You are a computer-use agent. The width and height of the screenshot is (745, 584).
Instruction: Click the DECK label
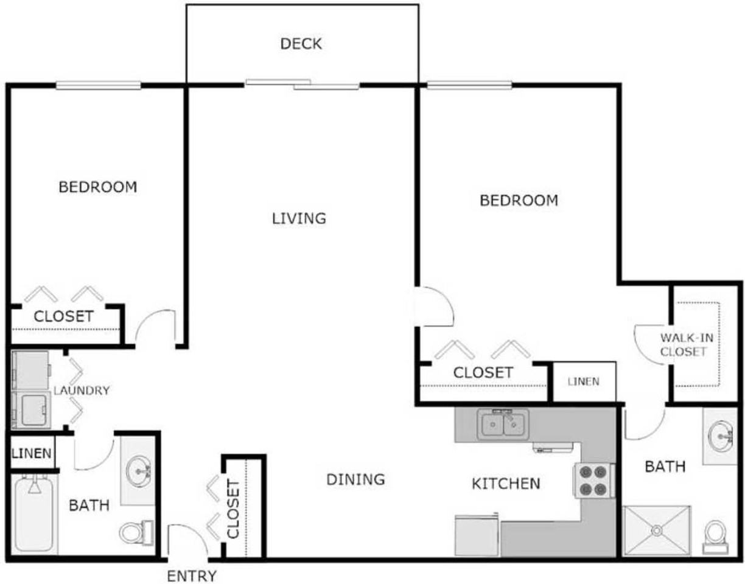point(301,44)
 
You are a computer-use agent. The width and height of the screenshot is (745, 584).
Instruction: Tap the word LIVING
point(299,218)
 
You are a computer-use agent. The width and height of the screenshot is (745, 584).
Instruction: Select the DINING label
point(355,479)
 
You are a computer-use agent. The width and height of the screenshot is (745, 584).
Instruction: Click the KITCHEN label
point(506,484)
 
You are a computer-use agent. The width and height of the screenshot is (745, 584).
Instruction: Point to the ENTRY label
point(192,575)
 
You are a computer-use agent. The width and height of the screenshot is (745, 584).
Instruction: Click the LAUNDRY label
point(82,391)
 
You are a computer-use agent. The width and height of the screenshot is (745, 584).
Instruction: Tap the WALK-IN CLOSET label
point(684,344)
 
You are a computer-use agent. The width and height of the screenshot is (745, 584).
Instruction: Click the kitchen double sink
point(503,423)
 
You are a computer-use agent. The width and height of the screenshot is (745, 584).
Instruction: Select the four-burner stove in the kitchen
point(592,481)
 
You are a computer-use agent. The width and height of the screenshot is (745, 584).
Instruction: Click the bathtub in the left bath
point(34,514)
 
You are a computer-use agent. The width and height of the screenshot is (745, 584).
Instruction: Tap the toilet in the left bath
point(135,532)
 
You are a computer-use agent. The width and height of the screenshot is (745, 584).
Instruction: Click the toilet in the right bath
point(715,537)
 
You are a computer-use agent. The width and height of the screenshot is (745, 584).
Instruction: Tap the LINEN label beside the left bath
point(32,454)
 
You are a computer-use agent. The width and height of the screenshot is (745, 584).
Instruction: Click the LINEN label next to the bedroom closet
point(583,381)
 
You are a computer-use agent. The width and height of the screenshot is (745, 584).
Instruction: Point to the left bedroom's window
point(98,86)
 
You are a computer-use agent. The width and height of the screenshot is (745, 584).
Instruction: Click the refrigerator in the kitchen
point(477,535)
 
